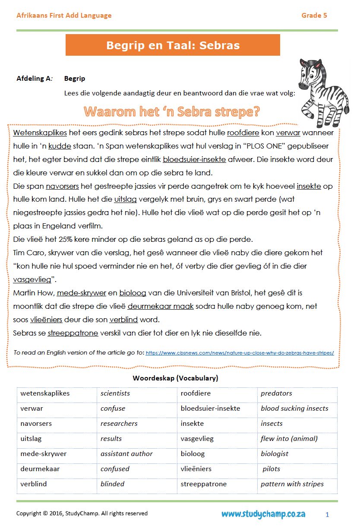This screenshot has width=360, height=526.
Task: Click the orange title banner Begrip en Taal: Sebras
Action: [173, 45]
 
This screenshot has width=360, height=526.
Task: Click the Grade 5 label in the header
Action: [314, 16]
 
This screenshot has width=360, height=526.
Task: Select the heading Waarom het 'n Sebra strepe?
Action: [172, 112]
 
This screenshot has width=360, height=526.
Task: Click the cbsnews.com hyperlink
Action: [240, 353]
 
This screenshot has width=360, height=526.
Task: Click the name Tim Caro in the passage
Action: [30, 253]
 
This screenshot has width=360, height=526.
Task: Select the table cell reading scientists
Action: [115, 393]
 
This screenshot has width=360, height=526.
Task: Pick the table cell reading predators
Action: [276, 393]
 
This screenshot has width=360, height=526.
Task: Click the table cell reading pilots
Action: [272, 469]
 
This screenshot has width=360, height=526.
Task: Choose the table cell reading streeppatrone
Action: [204, 484]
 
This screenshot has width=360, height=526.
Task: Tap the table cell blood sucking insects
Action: [294, 409]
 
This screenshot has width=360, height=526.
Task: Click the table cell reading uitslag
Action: [31, 439]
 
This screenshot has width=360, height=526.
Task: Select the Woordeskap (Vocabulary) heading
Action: [175, 378]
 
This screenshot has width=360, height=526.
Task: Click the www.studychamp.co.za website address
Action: [263, 514]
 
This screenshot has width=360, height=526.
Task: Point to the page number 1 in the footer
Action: [327, 514]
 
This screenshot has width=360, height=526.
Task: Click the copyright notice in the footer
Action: [82, 513]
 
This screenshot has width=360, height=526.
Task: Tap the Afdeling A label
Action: [35, 79]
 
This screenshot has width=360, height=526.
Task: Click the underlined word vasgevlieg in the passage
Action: [32, 279]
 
